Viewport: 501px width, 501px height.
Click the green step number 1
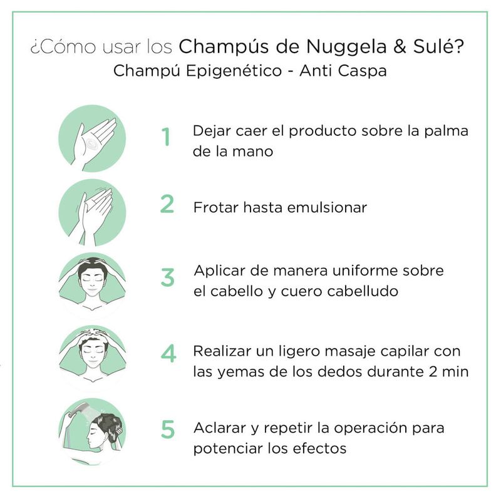point(166,137)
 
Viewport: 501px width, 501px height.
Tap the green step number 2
point(167,204)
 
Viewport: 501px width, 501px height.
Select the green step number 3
point(167,277)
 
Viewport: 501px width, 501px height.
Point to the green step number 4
point(168,353)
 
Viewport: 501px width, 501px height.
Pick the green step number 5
point(168,429)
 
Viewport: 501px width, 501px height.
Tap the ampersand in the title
point(400,46)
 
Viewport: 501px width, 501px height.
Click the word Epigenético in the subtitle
point(234,71)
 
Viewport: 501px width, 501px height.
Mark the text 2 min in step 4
point(448,371)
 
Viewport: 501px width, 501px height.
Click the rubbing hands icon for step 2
point(92,212)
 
